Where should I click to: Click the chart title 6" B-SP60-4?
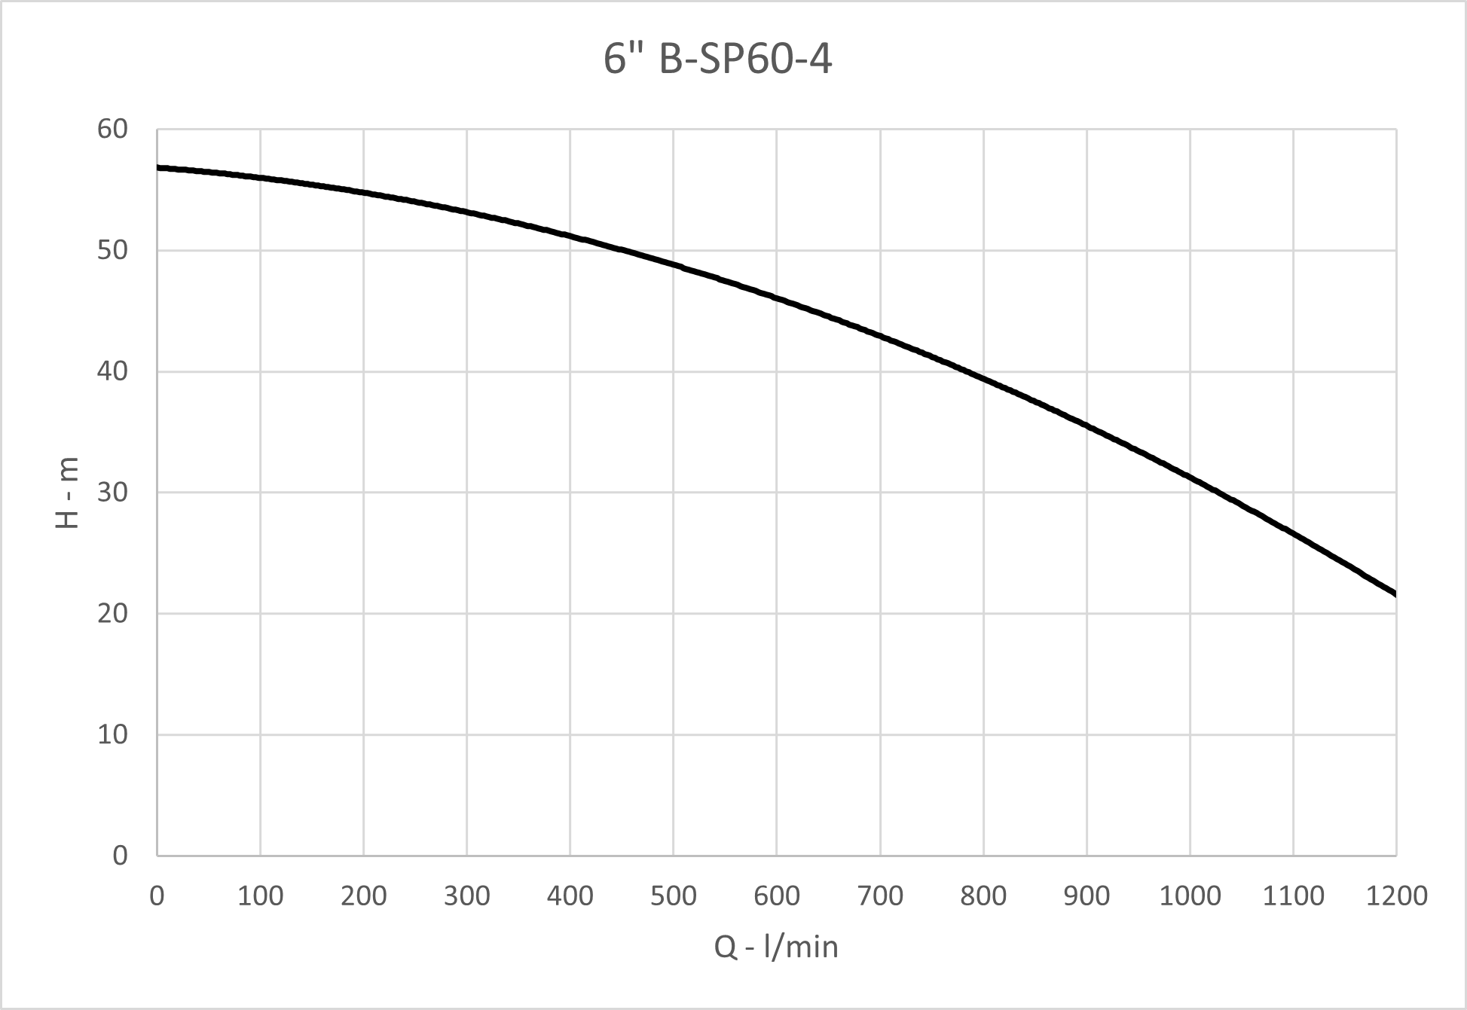[717, 60]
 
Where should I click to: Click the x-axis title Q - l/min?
[776, 947]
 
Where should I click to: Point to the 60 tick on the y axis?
[113, 130]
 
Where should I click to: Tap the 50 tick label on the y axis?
[113, 250]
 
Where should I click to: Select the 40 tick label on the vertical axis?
[113, 371]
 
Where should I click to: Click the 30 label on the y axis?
[113, 493]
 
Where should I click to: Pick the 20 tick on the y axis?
[113, 614]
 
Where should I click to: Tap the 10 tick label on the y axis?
[113, 734]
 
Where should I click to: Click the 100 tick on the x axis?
[260, 896]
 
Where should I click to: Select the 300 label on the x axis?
[466, 896]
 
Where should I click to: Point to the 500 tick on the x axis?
[673, 896]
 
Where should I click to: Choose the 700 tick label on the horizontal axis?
[880, 896]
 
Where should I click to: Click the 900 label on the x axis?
[1086, 896]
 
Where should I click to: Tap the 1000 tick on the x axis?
[1190, 896]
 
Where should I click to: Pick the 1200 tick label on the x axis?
[1396, 896]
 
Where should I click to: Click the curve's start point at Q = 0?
[157, 167]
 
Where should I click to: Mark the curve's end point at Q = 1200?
[1395, 594]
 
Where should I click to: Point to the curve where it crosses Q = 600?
[777, 299]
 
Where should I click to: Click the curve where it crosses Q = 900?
[1086, 426]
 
